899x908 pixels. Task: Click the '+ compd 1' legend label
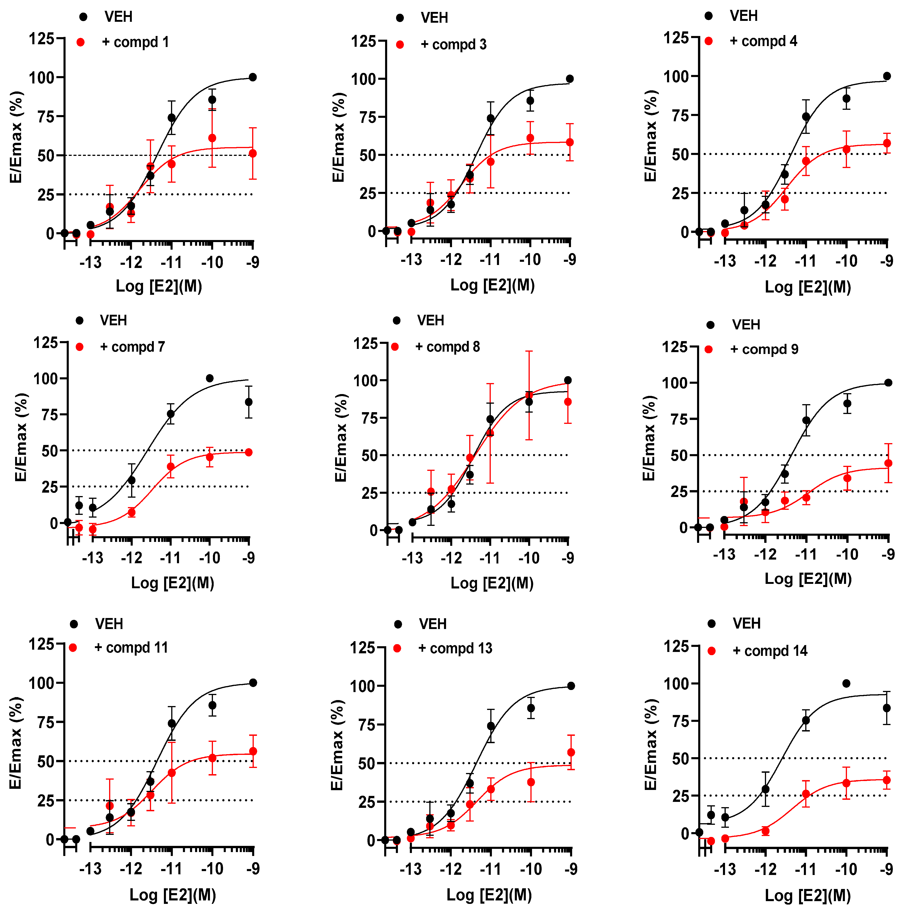coord(135,42)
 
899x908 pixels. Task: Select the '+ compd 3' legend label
coord(453,45)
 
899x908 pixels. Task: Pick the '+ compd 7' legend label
coord(132,347)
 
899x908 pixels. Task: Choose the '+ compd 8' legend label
coord(447,347)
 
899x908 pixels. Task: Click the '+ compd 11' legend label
coord(131,648)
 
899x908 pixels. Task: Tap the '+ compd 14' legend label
coord(770,651)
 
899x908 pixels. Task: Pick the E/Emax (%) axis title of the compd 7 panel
coord(21,437)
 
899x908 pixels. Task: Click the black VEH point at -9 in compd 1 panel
coord(252,77)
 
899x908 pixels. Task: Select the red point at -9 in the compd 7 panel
coord(249,452)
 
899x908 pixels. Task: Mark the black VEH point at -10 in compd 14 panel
coord(846,683)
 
